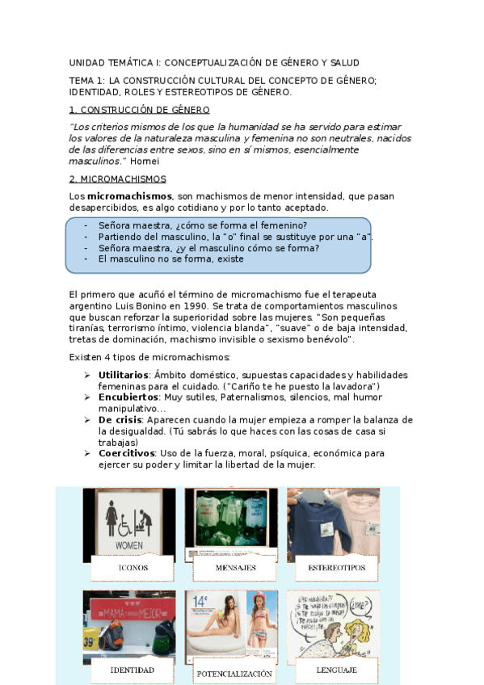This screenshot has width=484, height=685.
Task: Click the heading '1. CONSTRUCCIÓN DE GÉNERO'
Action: (x=139, y=110)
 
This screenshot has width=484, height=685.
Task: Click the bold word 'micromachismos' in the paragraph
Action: (x=129, y=196)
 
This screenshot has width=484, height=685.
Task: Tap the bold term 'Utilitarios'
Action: (x=123, y=376)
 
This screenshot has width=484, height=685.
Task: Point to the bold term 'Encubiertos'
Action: (x=127, y=398)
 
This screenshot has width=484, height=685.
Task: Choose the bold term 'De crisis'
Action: (x=121, y=420)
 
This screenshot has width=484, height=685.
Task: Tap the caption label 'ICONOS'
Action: (x=133, y=568)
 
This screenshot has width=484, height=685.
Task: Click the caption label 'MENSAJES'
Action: (x=235, y=568)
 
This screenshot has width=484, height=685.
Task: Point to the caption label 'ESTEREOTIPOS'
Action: (x=337, y=568)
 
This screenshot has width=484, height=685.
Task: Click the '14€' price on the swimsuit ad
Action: (x=200, y=601)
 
